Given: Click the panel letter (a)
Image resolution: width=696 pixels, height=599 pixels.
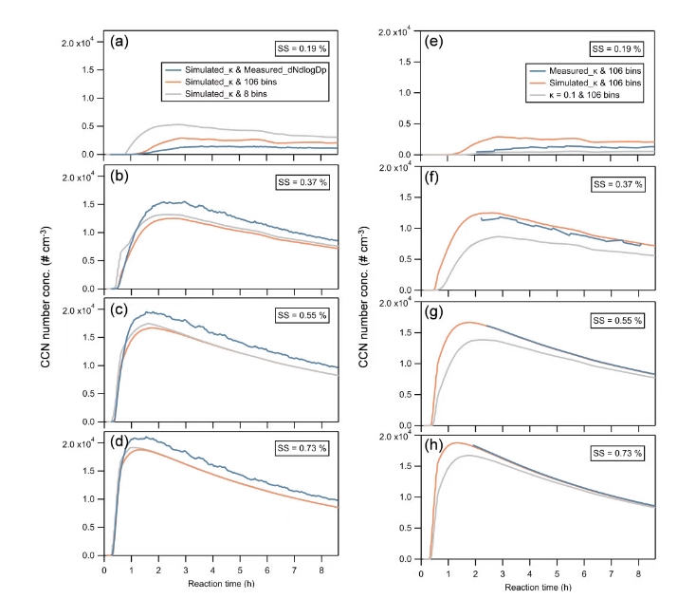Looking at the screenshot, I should (x=119, y=41).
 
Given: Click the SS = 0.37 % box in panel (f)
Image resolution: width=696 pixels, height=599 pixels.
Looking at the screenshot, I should (x=615, y=183).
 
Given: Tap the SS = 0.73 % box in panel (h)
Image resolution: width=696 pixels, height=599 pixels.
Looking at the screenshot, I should (x=615, y=453).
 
